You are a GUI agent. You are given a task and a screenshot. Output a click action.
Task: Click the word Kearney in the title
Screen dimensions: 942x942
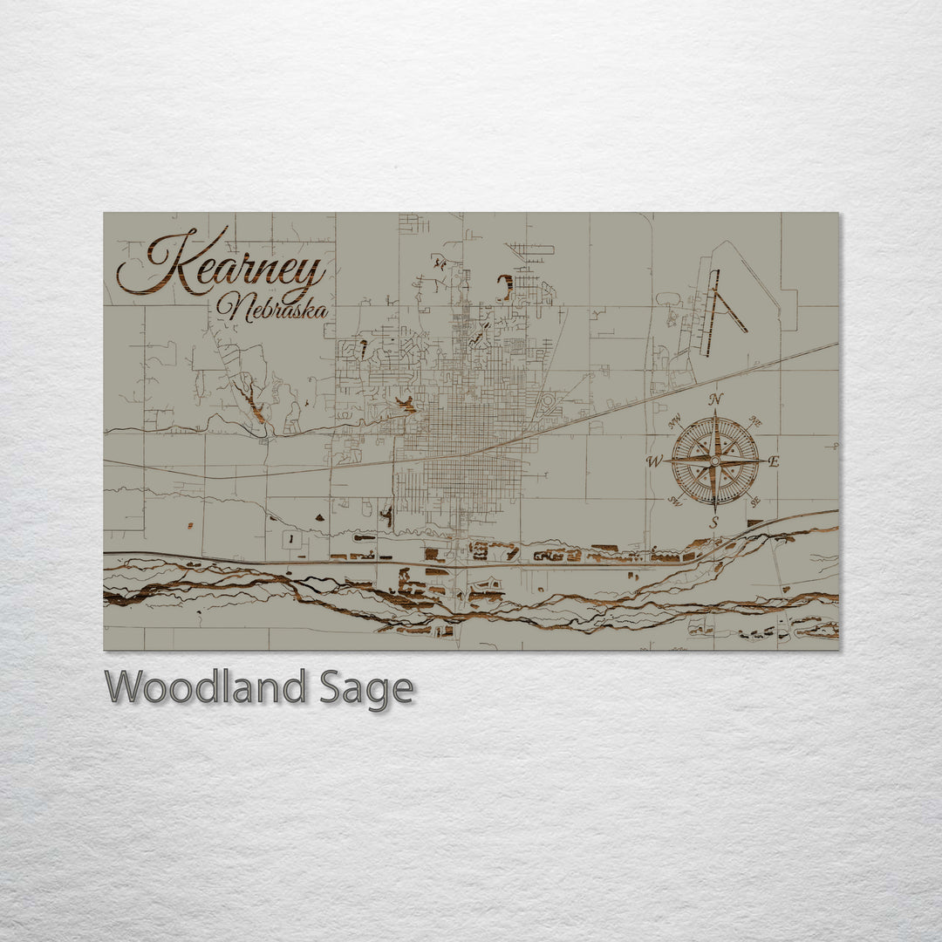[222, 262]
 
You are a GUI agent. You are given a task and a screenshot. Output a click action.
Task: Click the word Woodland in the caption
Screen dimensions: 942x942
[206, 688]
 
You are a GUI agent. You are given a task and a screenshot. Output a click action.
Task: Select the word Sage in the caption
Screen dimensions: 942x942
[366, 690]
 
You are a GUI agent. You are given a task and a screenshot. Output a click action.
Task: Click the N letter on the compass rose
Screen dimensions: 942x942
[716, 399]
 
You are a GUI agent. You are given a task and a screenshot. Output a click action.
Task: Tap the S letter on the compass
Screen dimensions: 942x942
[713, 523]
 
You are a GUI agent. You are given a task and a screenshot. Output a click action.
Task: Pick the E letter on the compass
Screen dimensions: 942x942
[774, 462]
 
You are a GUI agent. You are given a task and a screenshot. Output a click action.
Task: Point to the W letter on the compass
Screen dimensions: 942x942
[654, 461]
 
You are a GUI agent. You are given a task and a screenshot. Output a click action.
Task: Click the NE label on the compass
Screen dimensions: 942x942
[755, 422]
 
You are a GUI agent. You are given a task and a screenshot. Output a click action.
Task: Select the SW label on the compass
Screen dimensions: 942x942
[674, 500]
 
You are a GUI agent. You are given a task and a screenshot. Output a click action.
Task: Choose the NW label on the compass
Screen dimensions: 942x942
[674, 423]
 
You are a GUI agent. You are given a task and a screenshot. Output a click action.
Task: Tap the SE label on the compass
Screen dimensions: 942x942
[755, 500]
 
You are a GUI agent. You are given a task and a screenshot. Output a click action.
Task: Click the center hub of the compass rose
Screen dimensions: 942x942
[715, 461]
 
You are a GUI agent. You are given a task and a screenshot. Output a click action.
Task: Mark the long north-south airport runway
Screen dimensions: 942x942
[711, 313]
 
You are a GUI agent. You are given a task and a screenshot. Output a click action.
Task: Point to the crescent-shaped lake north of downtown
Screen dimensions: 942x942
[505, 288]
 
